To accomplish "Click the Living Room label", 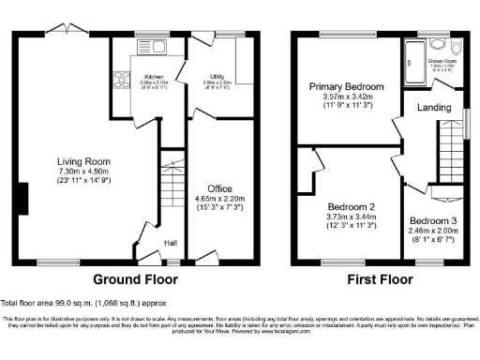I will click(78, 160).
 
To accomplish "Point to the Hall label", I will click(172, 244).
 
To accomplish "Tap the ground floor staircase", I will click(171, 188).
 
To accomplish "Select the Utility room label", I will click(217, 77).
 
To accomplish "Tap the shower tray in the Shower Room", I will click(412, 58).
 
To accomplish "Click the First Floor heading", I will click(380, 278).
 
